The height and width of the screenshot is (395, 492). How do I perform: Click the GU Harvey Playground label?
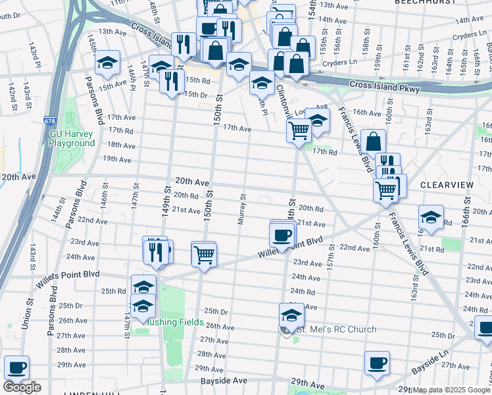pyautogui.click(x=72, y=138)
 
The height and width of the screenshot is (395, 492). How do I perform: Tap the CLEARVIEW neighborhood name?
pyautogui.click(x=446, y=186)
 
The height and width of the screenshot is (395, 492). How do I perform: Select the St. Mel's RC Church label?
pyautogui.click(x=335, y=330)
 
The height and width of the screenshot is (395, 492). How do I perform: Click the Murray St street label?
pyautogui.click(x=242, y=208)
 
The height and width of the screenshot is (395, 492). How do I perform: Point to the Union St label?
pyautogui.click(x=29, y=319)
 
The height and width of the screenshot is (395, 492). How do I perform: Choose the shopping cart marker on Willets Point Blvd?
pyautogui.click(x=204, y=253)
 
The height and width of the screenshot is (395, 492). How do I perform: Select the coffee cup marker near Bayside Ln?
pyautogui.click(x=377, y=362)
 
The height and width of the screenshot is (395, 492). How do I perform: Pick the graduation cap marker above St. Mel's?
pyautogui.click(x=291, y=314)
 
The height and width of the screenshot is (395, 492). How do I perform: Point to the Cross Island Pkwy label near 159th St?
pyautogui.click(x=384, y=85)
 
